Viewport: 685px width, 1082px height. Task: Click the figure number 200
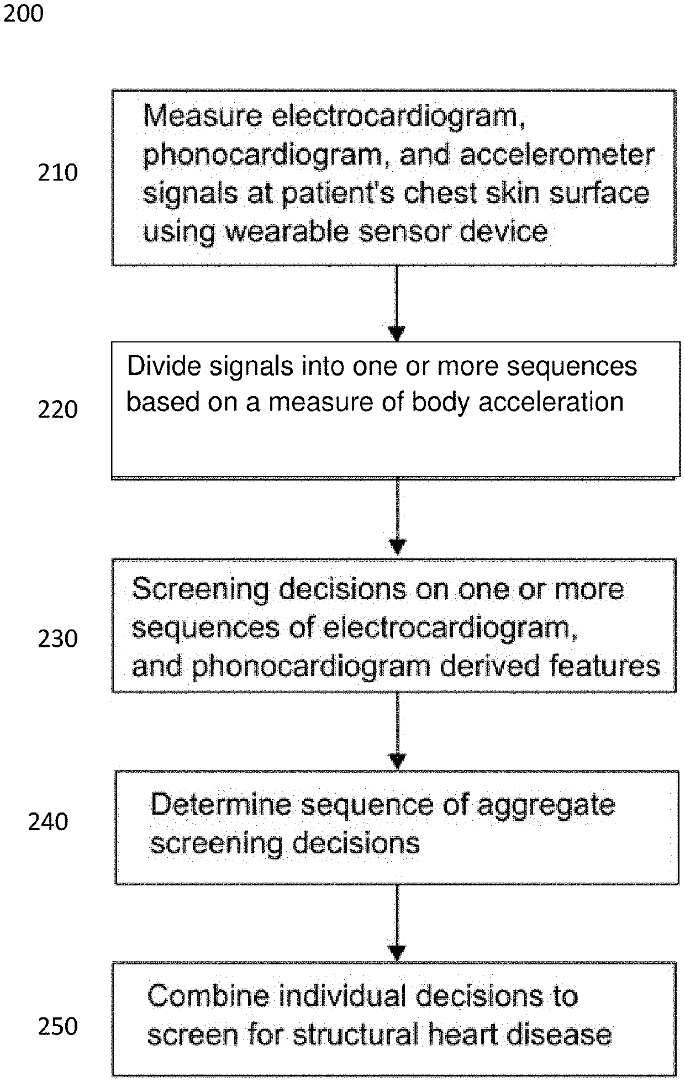coord(23,13)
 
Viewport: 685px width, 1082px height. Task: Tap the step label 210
coord(57,173)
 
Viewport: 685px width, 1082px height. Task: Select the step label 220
coord(57,410)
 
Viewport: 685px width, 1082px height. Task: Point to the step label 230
coord(57,638)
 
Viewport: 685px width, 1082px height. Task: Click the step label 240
coord(48,821)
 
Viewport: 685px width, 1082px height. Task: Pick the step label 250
coord(57,1026)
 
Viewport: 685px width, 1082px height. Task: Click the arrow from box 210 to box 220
coord(397,303)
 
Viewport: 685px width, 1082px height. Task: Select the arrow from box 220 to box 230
coord(397,517)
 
